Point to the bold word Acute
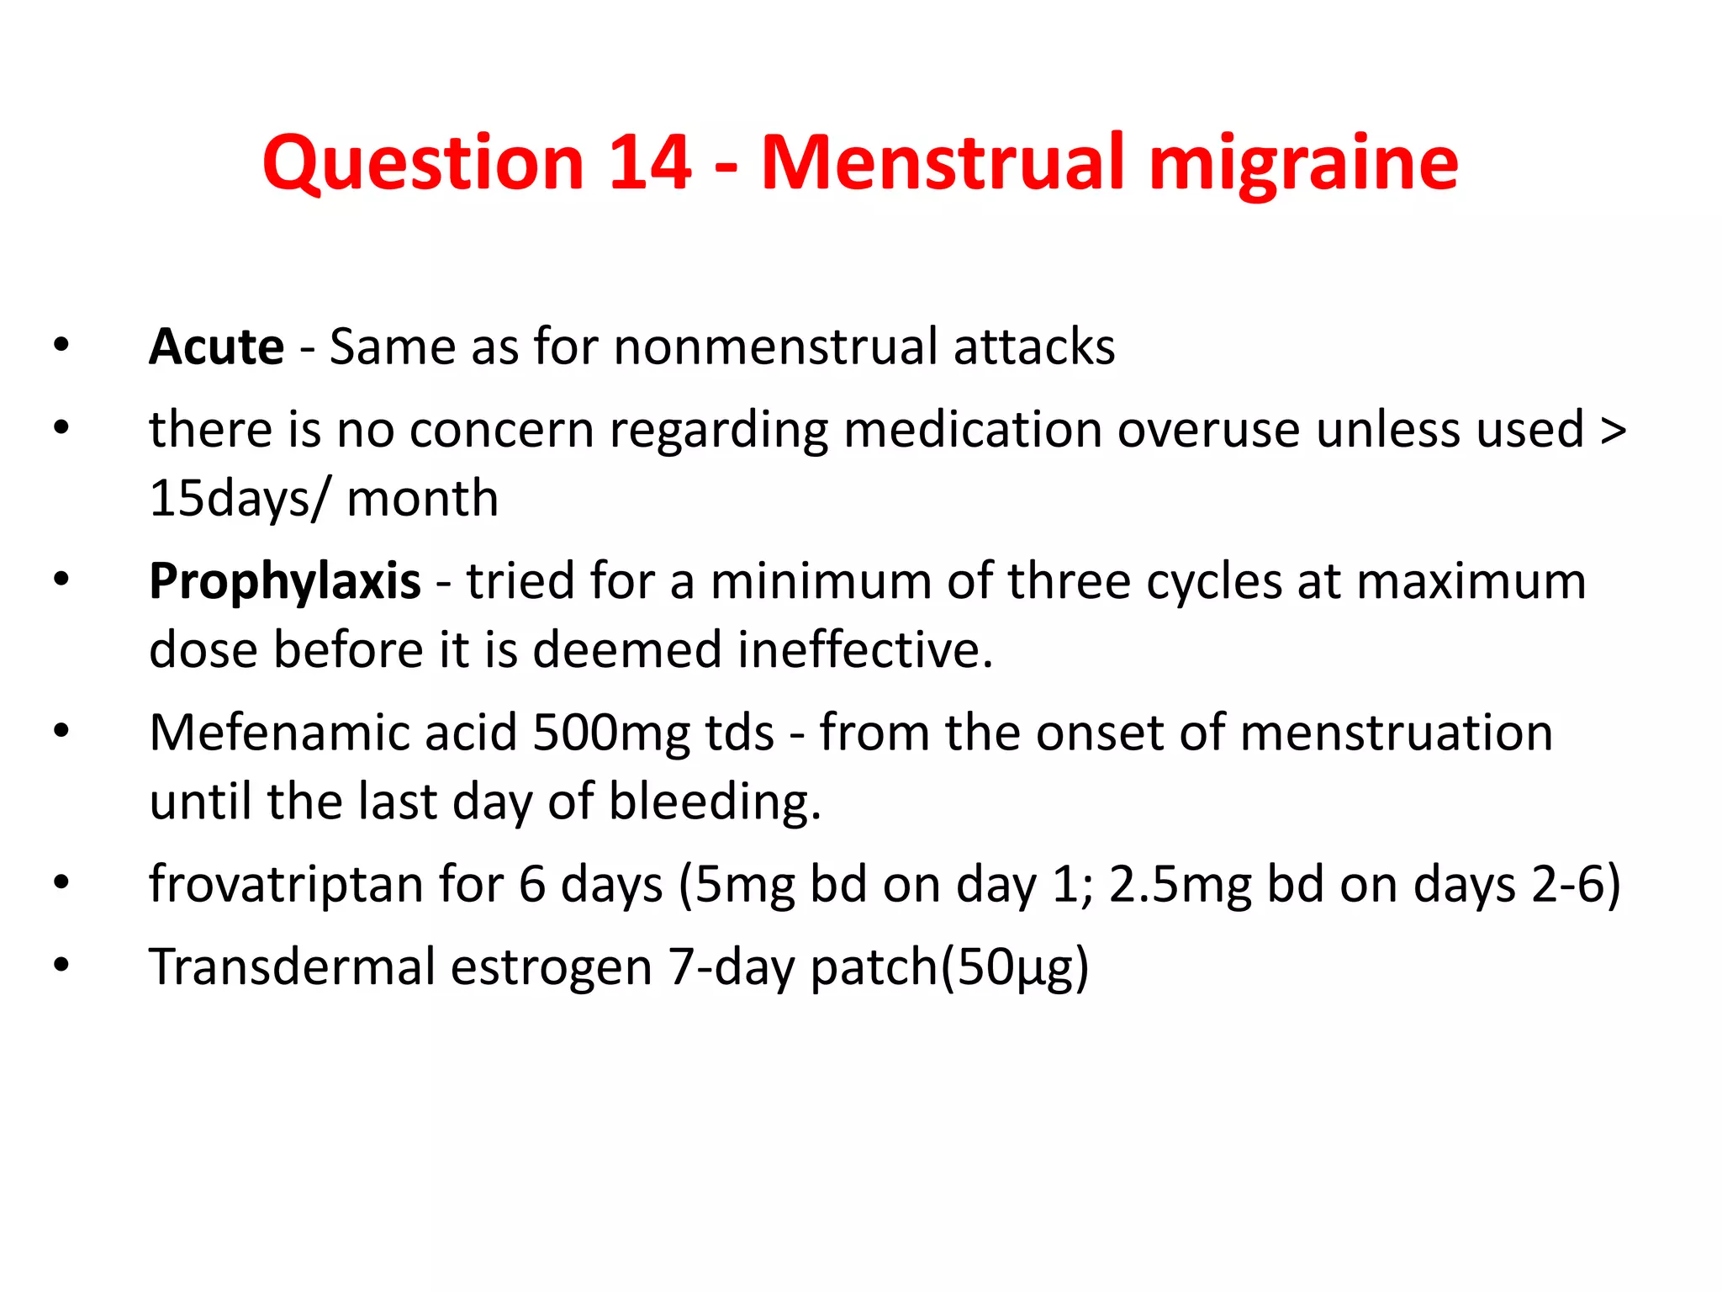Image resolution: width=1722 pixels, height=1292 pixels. click(x=217, y=347)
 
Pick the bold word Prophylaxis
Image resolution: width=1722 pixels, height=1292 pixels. click(x=285, y=581)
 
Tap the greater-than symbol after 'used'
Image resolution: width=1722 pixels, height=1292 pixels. click(x=1613, y=430)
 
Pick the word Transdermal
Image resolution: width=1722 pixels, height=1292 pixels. click(x=292, y=966)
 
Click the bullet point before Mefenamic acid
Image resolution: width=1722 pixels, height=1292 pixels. click(x=61, y=730)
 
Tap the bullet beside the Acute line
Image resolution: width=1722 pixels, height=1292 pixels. click(x=61, y=345)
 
